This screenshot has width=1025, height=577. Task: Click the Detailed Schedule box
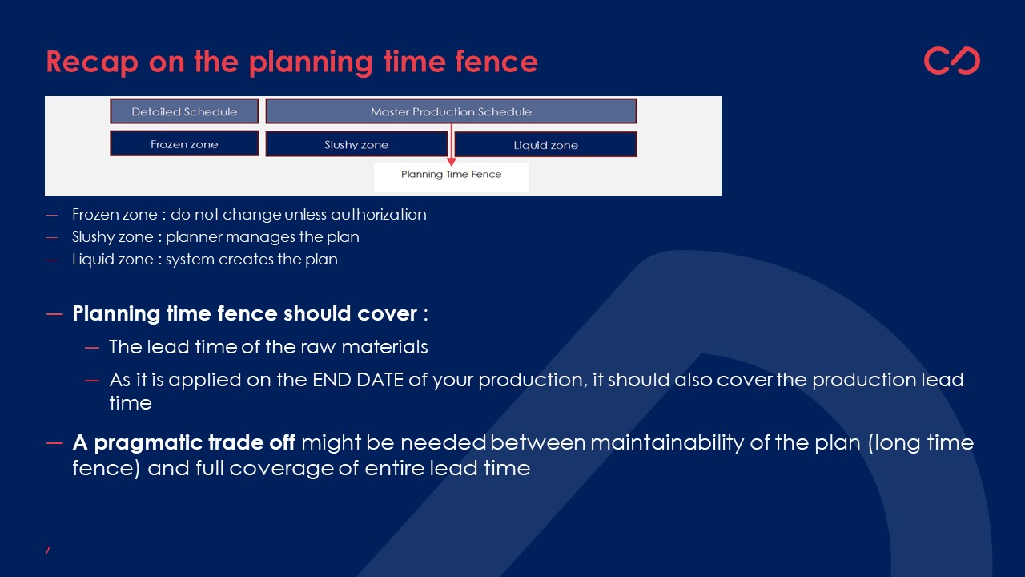(184, 111)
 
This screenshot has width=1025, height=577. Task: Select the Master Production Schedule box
(451, 111)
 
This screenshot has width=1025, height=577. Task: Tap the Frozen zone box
(184, 143)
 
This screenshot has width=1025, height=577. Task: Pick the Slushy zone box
(356, 144)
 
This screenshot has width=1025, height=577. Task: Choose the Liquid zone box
(546, 145)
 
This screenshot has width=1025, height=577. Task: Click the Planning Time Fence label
(451, 175)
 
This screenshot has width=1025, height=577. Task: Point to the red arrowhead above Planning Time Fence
(451, 162)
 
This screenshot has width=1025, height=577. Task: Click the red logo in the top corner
(952, 60)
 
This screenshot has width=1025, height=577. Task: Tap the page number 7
(47, 550)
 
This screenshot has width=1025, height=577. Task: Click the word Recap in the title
(92, 63)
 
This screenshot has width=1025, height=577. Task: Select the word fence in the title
(496, 62)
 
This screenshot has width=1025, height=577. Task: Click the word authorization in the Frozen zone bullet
(379, 214)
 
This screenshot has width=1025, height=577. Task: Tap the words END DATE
(358, 380)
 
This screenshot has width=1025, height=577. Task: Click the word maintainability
(667, 443)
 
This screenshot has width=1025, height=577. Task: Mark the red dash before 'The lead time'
(92, 348)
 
